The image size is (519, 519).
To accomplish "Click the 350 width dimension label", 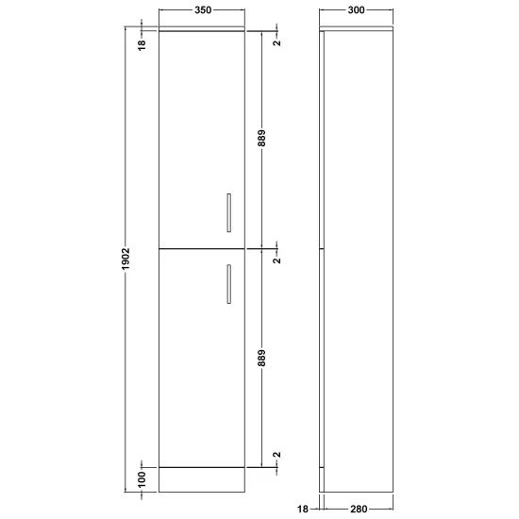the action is coord(203,10).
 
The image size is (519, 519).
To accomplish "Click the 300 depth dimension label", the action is coord(356,10).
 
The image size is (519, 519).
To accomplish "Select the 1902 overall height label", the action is coord(126,259).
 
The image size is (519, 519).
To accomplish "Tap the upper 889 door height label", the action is coord(261,138).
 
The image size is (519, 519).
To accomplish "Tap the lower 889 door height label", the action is coord(261,359).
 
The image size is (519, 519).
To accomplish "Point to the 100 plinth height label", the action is coord(142,479).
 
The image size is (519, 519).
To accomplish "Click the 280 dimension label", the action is coord(359,509).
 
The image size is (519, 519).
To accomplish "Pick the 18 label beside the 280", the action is coord(303,509).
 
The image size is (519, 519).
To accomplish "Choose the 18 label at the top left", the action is coord(142,44).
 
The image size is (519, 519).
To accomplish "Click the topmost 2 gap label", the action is coord(277,42).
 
